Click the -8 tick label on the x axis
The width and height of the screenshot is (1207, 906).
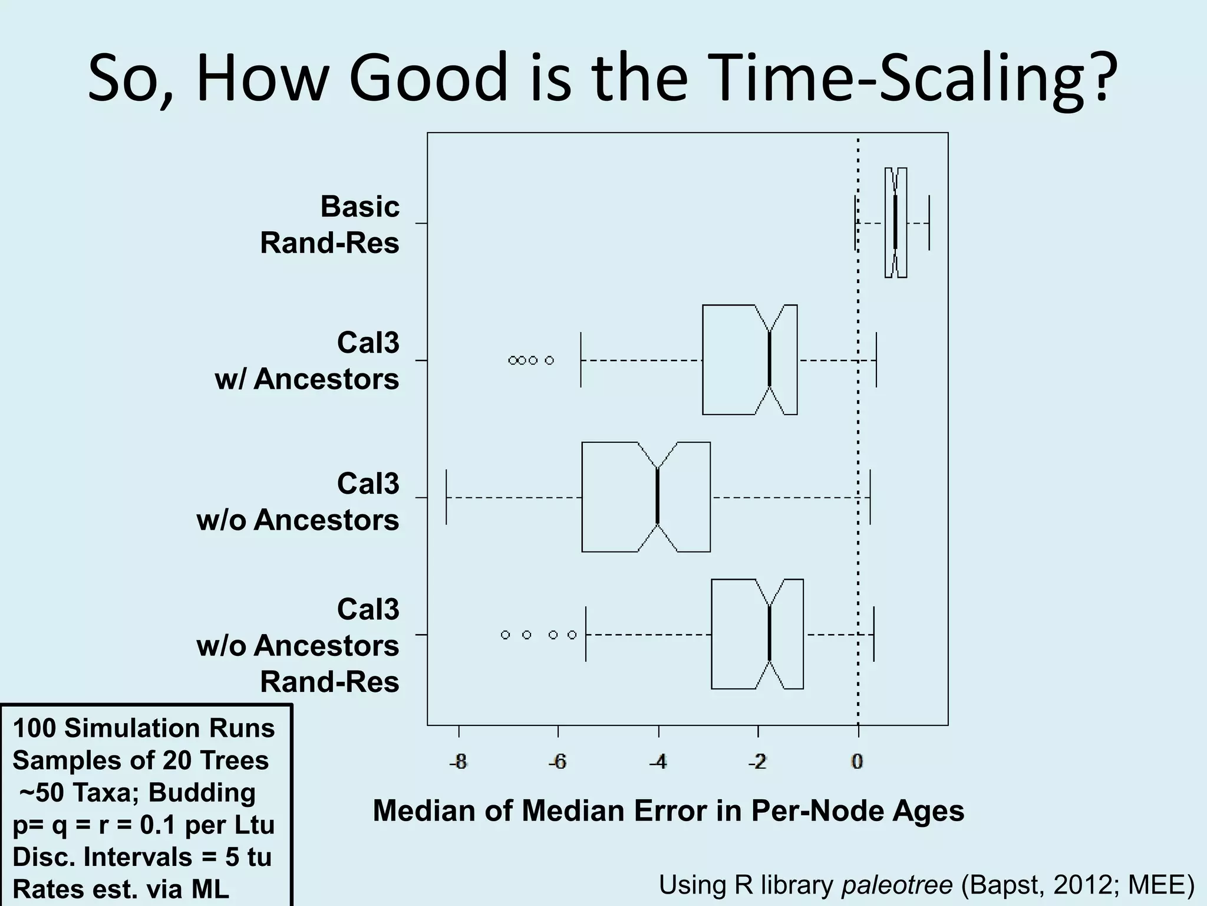(x=458, y=762)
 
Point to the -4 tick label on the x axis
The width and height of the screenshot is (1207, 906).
(x=658, y=762)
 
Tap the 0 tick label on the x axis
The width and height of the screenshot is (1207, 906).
(x=858, y=762)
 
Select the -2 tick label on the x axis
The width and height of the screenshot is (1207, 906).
(x=757, y=762)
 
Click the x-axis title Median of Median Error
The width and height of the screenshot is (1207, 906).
(x=668, y=811)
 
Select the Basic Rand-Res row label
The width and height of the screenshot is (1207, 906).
(x=330, y=225)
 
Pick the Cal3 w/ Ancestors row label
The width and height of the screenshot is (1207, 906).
(x=307, y=361)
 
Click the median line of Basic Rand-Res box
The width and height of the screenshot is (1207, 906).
(x=895, y=222)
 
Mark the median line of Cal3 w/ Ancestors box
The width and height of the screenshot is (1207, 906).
(x=769, y=360)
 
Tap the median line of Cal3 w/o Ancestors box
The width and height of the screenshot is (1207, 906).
(x=658, y=497)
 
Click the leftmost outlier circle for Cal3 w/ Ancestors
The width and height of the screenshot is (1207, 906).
(x=512, y=360)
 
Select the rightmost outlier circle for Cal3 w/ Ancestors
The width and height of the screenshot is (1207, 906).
(x=549, y=360)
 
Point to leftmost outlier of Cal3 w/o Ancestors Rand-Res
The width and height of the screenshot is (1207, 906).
(x=505, y=635)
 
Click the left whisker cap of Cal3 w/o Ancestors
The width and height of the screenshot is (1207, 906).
(x=447, y=497)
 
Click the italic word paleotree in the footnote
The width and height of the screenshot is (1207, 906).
(x=896, y=885)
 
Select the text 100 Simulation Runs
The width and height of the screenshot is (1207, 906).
(x=144, y=728)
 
